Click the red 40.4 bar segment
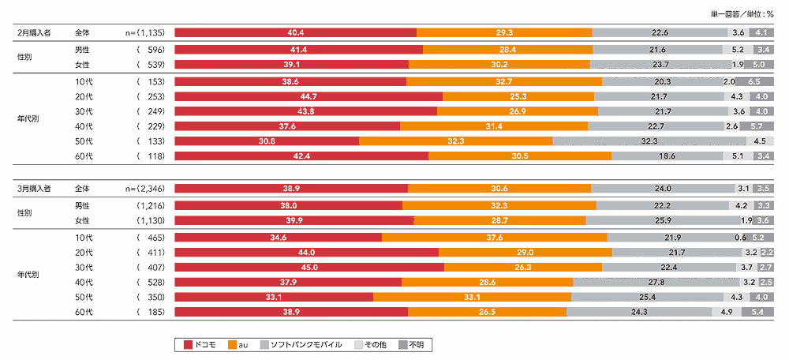pyautogui.click(x=295, y=32)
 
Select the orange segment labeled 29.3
pyautogui.click(x=504, y=32)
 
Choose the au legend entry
pyautogui.click(x=238, y=345)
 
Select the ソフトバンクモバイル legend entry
pyautogui.click(x=301, y=345)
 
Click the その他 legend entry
pyautogui.click(x=370, y=345)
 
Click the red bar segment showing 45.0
pyautogui.click(x=309, y=268)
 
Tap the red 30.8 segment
pyautogui.click(x=267, y=141)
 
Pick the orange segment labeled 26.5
pyautogui.click(x=487, y=313)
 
